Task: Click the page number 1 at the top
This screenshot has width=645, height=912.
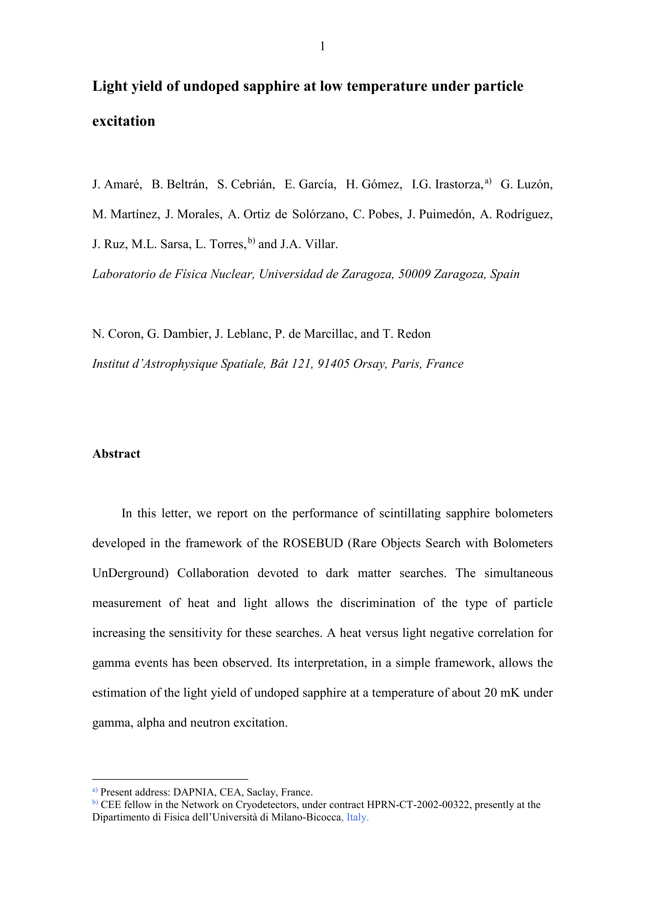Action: point(322,47)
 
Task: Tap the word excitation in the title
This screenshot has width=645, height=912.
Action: point(124,121)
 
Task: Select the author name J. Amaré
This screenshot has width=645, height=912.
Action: point(117,184)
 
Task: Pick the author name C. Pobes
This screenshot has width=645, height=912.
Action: point(377,215)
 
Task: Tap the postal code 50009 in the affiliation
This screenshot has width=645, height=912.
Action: point(414,274)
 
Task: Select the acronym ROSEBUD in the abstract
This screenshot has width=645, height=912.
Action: point(313,543)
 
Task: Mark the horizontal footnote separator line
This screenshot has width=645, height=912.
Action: point(170,779)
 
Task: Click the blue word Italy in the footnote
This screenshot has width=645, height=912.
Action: point(357,817)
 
